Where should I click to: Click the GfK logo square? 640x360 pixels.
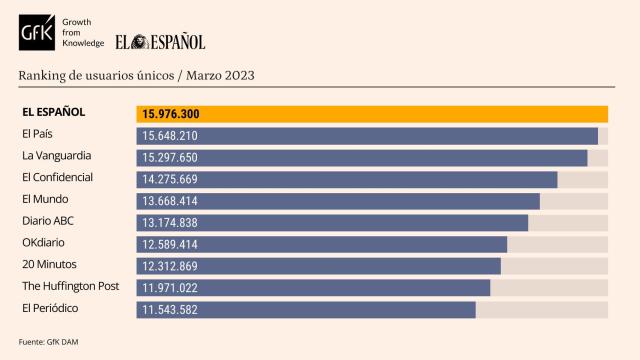click(x=39, y=34)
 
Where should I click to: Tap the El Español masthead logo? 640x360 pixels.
click(x=160, y=41)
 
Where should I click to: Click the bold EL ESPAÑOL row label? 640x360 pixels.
click(x=53, y=112)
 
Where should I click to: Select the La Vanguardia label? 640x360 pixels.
click(x=56, y=156)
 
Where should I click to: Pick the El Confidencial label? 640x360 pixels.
click(x=57, y=177)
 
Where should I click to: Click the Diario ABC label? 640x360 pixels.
click(x=48, y=221)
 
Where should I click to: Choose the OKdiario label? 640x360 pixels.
click(x=45, y=243)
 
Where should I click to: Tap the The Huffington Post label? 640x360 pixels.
click(x=70, y=286)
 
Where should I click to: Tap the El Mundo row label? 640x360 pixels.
click(x=44, y=199)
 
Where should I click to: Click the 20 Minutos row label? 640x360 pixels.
click(x=49, y=264)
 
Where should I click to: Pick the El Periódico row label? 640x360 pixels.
click(x=50, y=308)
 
